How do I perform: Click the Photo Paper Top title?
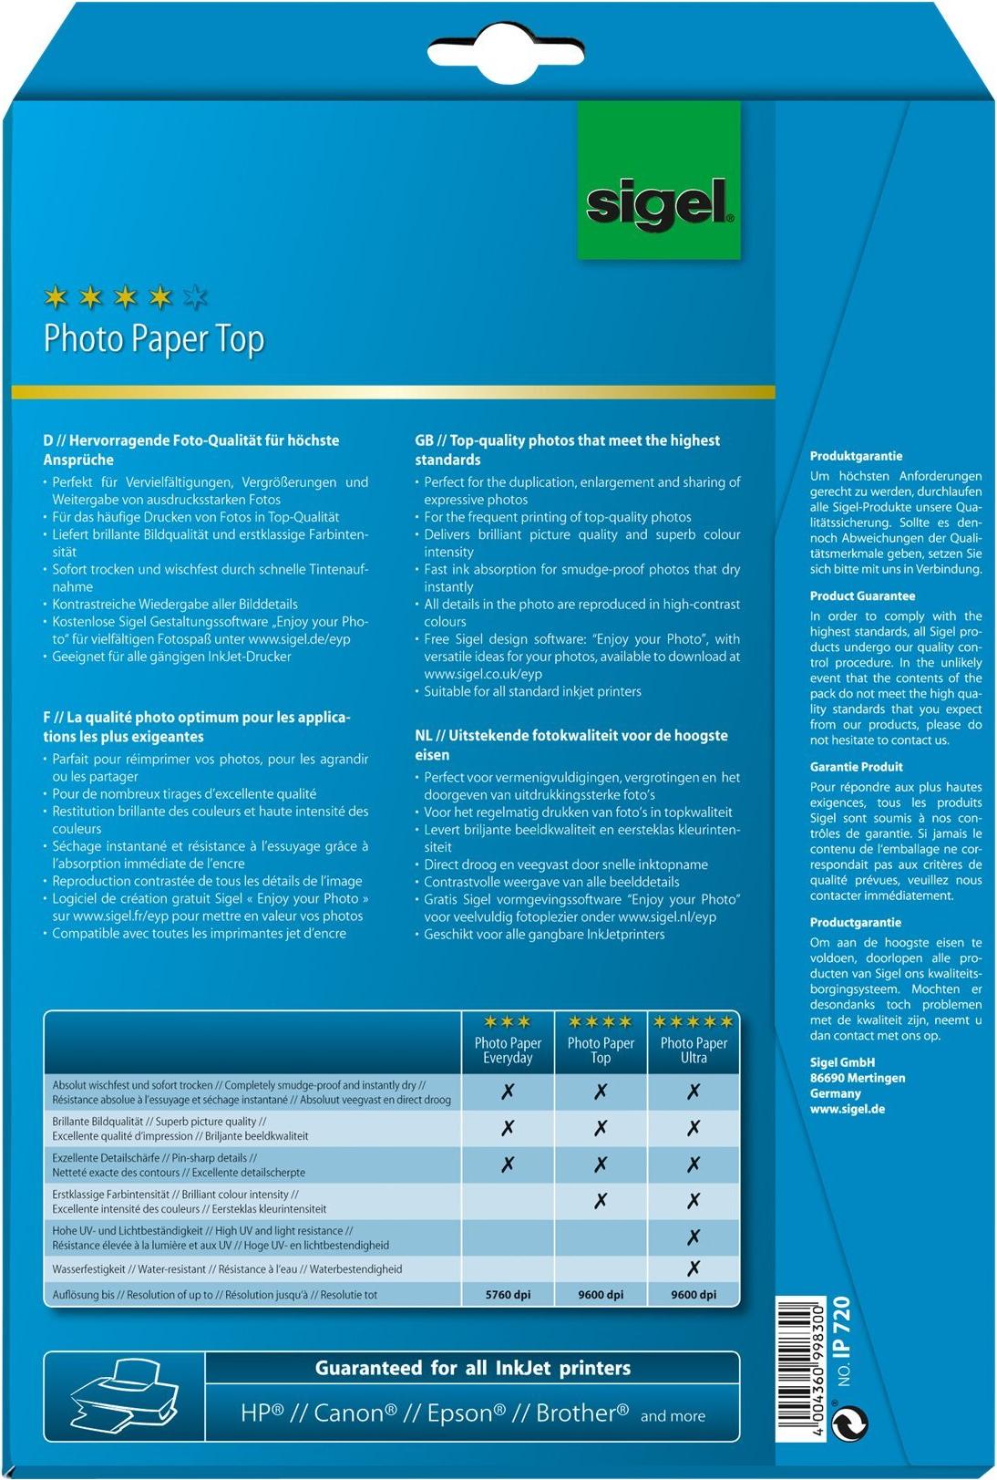[x=154, y=338]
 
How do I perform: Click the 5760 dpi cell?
[x=508, y=1294]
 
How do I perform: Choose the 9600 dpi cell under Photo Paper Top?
[x=601, y=1294]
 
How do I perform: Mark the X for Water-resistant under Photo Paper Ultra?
[x=694, y=1268]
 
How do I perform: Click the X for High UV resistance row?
[x=694, y=1237]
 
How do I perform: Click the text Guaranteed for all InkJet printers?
[x=472, y=1368]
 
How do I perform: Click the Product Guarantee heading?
[x=862, y=596]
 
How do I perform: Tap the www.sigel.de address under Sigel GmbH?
[x=847, y=1109]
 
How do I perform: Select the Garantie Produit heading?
[x=857, y=767]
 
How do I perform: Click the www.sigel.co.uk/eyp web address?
[x=483, y=674]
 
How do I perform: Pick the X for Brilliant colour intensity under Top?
[x=601, y=1201]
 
